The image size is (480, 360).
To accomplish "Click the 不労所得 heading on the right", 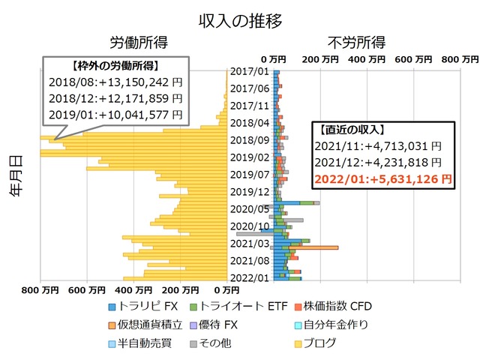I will pos(356,41).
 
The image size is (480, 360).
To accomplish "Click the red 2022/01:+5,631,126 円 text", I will pos(382,178).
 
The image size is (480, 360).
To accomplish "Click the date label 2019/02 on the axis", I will pos(250,157).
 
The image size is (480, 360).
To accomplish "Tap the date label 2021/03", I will pos(250,243).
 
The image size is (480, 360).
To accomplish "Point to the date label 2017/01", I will pos(250,72).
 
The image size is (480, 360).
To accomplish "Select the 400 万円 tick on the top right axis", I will pos(367,58).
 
